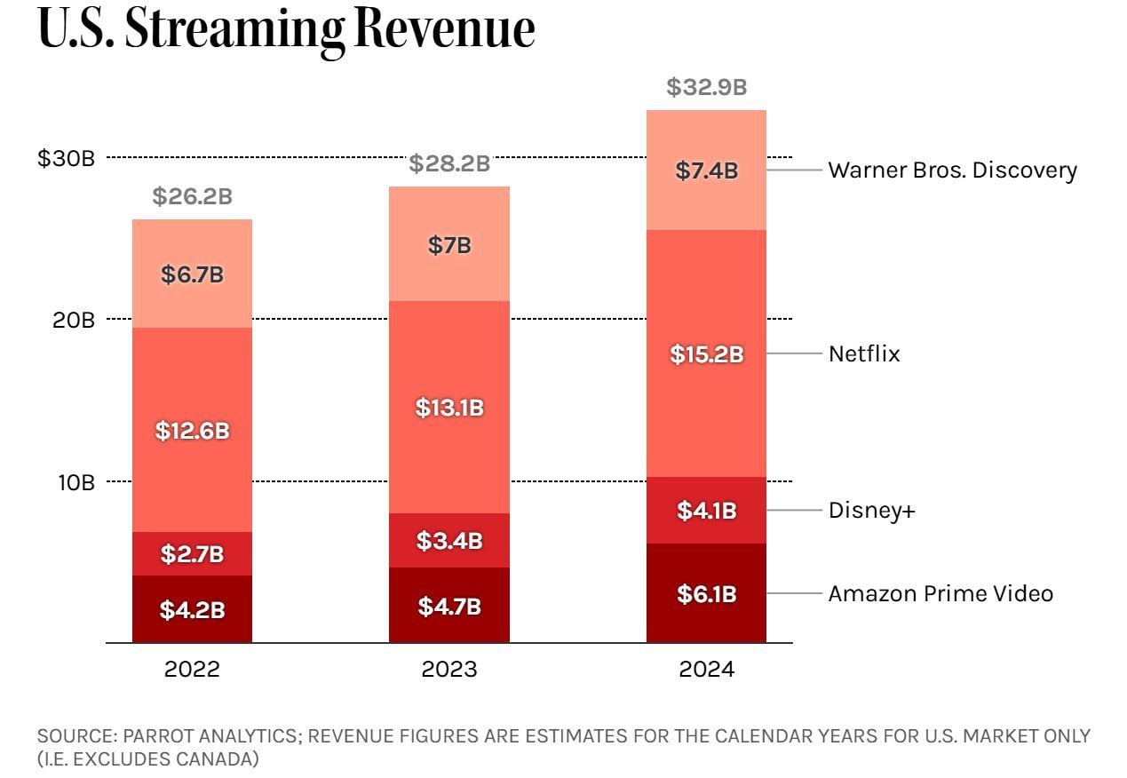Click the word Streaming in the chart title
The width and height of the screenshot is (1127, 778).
click(x=234, y=30)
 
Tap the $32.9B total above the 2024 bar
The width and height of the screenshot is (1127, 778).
click(x=706, y=88)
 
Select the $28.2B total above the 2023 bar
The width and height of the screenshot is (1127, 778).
click(x=449, y=164)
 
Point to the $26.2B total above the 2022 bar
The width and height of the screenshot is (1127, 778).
click(x=192, y=196)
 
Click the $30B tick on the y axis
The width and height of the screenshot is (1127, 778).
click(x=66, y=158)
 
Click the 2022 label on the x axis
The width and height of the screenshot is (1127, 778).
click(x=192, y=669)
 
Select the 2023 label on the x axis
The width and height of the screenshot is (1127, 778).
click(x=449, y=669)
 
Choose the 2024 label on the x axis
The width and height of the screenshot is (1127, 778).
click(x=706, y=669)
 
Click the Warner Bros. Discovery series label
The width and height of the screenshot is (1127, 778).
click(x=952, y=170)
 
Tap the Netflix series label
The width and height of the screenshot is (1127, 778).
click(x=864, y=353)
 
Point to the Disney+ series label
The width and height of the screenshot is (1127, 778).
click(x=871, y=511)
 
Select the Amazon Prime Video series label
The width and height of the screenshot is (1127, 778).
click(x=940, y=593)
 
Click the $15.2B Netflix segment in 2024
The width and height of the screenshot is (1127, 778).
click(x=706, y=354)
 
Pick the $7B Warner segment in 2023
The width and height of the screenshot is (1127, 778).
click(x=449, y=246)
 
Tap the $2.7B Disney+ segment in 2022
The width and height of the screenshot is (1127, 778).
click(x=192, y=554)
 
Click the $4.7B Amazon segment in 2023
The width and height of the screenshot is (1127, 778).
click(x=449, y=607)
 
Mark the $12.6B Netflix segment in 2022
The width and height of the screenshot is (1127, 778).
click(x=192, y=431)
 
